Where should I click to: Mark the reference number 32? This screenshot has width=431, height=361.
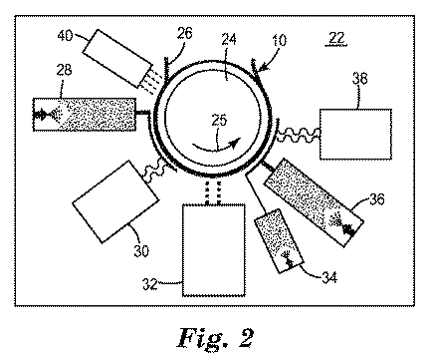pyautogui.click(x=170, y=286)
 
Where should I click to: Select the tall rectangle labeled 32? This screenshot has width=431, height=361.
pyautogui.click(x=214, y=248)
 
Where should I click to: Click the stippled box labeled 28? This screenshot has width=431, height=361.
pyautogui.click(x=84, y=114)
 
